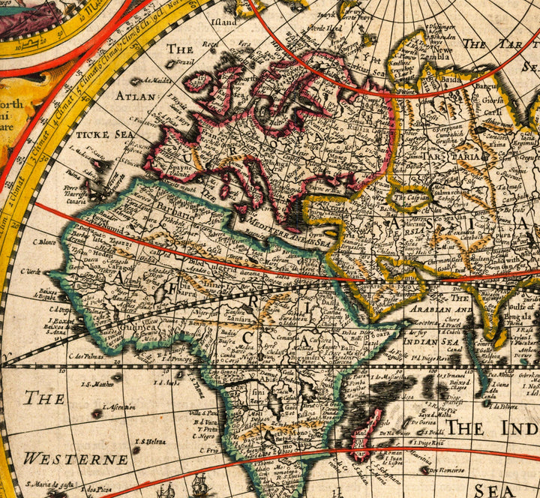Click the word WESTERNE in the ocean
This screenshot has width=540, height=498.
coord(75,459)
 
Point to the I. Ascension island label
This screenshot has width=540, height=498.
coord(118,406)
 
